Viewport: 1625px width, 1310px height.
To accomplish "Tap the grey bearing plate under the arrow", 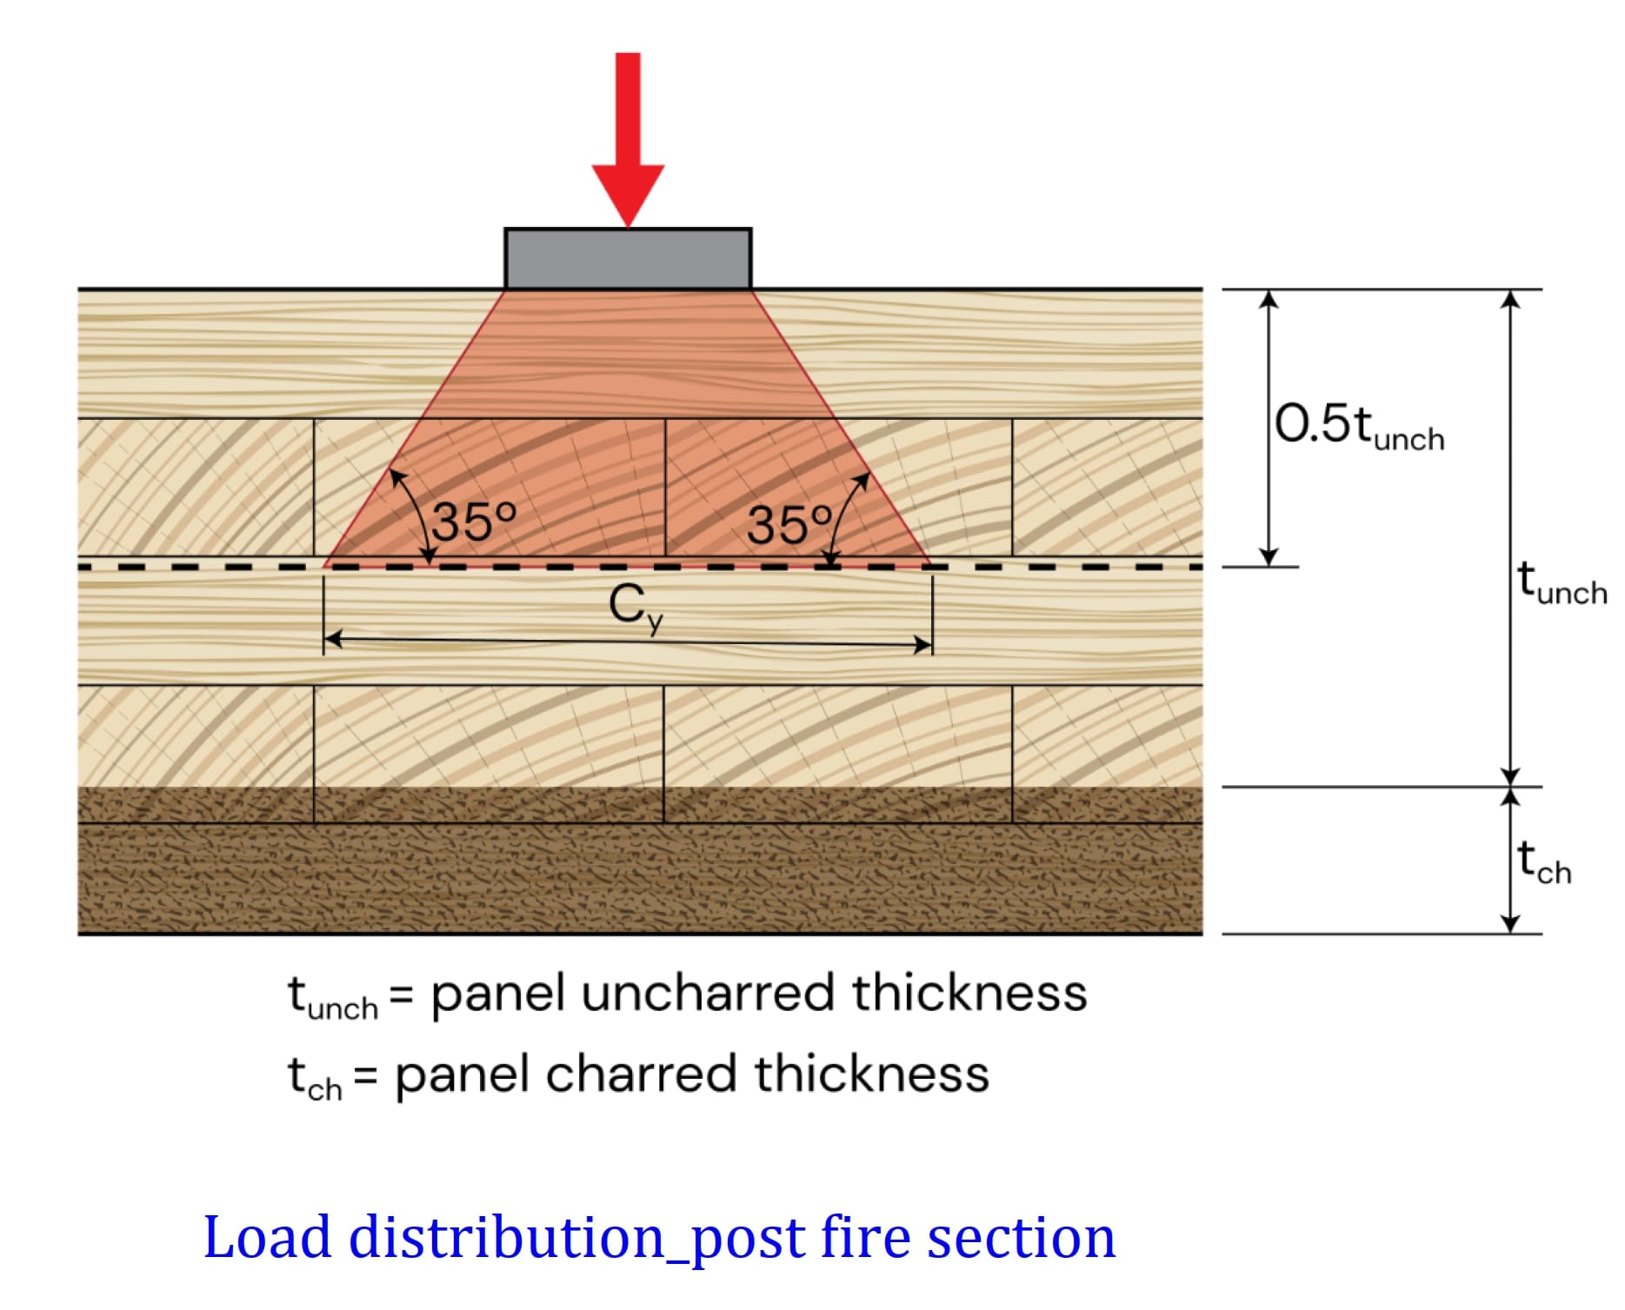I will coord(628,259).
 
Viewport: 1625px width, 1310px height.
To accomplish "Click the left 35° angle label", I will coord(474,522).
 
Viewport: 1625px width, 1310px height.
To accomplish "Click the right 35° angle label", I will coord(789,525).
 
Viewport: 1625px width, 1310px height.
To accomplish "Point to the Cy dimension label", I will coord(636,605).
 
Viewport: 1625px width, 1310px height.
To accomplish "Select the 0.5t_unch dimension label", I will coord(1359,426).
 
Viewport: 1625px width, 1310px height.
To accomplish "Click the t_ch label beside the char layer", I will coord(1544,862).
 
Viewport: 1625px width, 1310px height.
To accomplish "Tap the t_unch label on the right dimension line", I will coord(1562,582).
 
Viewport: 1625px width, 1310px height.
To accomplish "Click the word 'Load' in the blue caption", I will coord(267,1237).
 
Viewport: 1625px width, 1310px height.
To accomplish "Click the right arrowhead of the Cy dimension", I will coord(923,644).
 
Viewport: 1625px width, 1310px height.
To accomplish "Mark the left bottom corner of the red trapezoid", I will coord(324,566).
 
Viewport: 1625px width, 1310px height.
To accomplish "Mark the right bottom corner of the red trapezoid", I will coord(930,566).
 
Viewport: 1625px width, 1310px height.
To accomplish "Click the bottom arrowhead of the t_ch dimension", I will coord(1511,925).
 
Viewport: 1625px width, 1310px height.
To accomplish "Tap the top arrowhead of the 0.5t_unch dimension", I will coord(1269,298).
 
